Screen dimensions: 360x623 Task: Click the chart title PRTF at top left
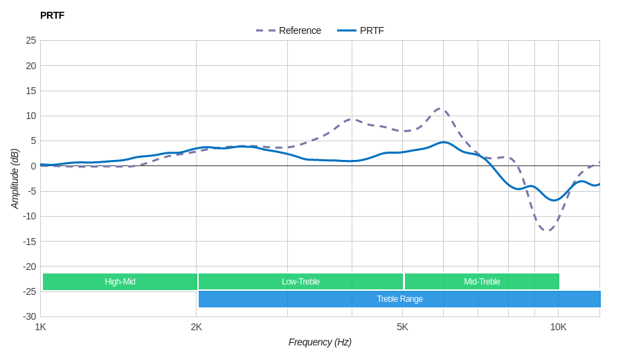[x=52, y=15]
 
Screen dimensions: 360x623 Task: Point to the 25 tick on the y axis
[x=31, y=40]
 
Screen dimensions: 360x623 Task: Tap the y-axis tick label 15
[x=31, y=91]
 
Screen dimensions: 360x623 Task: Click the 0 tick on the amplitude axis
[x=33, y=166]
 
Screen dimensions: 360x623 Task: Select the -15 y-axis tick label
[x=30, y=241]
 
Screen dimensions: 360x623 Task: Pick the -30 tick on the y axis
[x=30, y=316]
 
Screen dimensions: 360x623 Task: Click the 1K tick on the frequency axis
[x=41, y=327]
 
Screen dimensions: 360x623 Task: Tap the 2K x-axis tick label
[x=197, y=327]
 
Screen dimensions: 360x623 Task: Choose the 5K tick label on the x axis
[x=402, y=327]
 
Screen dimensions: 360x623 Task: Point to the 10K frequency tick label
[x=558, y=327]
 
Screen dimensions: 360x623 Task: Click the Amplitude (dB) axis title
[x=15, y=179]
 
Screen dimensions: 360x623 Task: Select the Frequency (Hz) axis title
[x=320, y=342]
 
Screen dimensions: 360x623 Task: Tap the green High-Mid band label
[x=120, y=282]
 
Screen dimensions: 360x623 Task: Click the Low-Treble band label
[x=300, y=282]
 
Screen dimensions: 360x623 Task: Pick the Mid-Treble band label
[x=482, y=282]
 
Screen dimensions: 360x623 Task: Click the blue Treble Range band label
[x=399, y=299]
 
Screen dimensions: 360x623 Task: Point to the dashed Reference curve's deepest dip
[x=547, y=231]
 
